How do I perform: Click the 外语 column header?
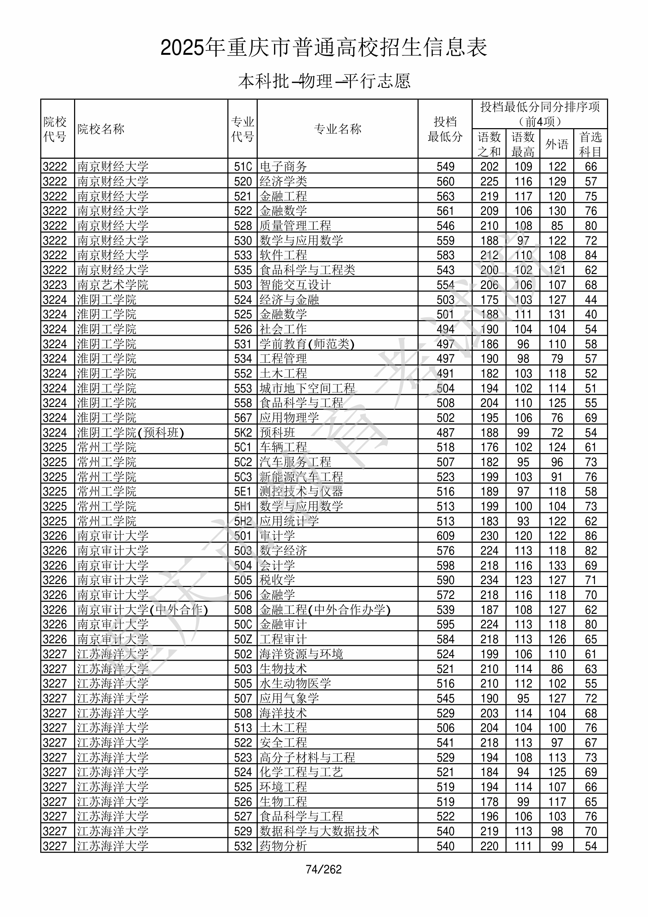557,144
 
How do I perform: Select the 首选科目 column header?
591,144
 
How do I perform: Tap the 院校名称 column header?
101,129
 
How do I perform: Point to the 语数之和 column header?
489,144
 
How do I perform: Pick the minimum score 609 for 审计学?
445,536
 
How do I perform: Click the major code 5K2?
243,432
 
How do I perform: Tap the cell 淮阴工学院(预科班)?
130,432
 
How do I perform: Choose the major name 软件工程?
283,255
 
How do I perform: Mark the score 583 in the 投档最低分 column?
445,255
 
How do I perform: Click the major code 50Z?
243,639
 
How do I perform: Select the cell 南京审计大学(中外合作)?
142,610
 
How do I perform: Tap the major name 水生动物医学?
295,683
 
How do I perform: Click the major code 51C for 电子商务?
243,167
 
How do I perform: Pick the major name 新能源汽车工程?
301,477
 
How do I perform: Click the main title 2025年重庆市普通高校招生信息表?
323,48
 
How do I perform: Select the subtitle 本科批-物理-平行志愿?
324,81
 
